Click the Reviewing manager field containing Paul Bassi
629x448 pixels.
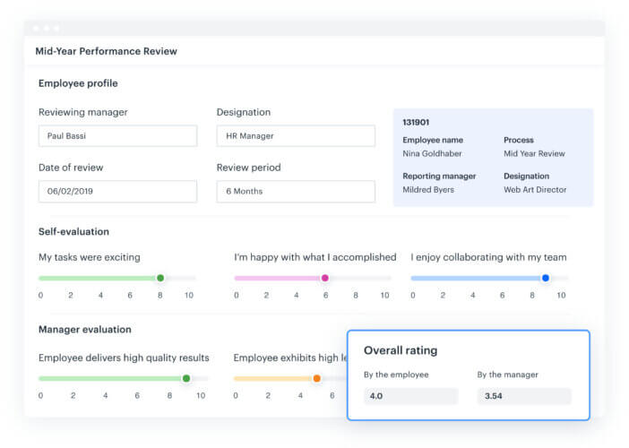[117, 136]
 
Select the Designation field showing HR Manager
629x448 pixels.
[296, 136]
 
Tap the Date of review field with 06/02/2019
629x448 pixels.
[117, 192]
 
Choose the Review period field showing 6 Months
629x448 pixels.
[296, 192]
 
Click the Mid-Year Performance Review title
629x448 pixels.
[107, 51]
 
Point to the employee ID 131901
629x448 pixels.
[417, 122]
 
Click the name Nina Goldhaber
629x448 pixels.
[434, 153]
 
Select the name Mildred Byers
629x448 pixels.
[428, 190]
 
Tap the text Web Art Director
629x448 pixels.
[535, 190]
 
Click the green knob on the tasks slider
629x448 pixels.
[160, 278]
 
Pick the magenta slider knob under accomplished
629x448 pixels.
[325, 278]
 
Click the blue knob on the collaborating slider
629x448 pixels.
[546, 278]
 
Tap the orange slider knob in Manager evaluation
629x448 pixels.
[316, 378]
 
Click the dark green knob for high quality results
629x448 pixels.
[186, 378]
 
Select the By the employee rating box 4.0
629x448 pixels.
[410, 396]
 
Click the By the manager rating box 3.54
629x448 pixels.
[523, 396]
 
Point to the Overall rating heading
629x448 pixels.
[401, 350]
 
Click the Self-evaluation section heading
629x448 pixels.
[73, 231]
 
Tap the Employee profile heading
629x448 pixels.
[78, 83]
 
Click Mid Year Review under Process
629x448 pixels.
[534, 153]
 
